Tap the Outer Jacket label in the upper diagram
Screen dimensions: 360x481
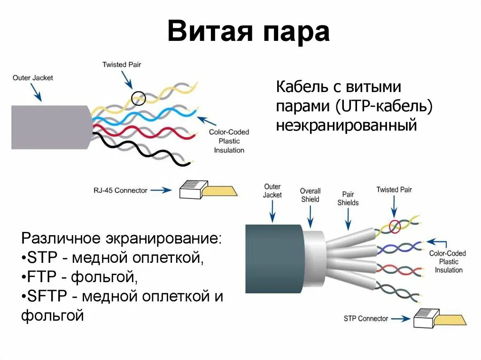33,77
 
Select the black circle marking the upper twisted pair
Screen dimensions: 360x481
137,99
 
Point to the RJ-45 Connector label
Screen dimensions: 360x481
120,191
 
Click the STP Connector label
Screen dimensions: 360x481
366,318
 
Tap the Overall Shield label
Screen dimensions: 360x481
310,195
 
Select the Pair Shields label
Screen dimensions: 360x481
348,199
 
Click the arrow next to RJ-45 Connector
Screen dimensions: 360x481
161,191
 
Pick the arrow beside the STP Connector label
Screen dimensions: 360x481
401,318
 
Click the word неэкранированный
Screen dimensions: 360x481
346,126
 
